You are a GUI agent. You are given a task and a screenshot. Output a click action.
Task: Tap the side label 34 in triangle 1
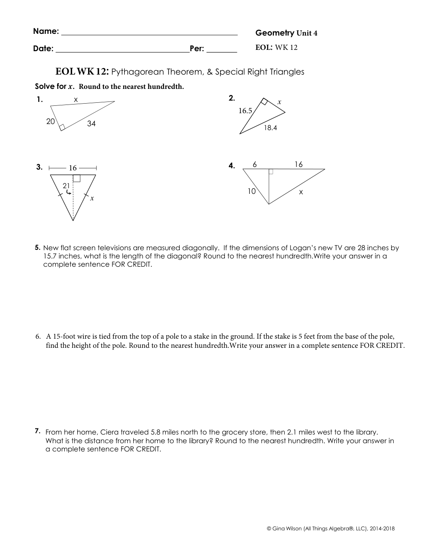coord(91,124)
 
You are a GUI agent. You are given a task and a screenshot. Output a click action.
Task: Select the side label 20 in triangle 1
coord(51,121)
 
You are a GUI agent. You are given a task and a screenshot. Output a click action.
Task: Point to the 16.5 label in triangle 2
coord(245,111)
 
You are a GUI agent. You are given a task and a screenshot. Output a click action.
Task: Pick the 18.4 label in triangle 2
coord(270,128)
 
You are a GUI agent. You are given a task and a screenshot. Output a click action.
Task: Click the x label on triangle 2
coord(280,102)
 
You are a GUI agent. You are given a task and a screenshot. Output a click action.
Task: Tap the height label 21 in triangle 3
coord(66,186)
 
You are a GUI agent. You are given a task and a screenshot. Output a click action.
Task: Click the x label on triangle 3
coord(92,198)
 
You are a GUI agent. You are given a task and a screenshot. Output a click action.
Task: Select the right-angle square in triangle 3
coord(76,178)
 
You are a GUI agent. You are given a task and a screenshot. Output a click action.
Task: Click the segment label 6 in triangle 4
coord(255,164)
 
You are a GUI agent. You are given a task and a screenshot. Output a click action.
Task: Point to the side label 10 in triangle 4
coord(252,191)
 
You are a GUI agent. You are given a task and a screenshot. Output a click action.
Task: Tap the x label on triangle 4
coord(301,192)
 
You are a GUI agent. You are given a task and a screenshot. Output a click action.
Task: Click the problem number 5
coord(38,248)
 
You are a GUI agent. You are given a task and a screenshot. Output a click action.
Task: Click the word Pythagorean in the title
coord(135,72)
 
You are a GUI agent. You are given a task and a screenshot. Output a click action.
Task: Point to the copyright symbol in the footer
coord(269,529)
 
